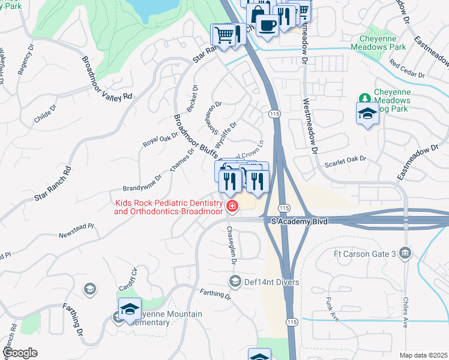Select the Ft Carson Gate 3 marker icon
(x=406, y=253)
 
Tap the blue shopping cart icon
(x=223, y=35)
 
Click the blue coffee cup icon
(x=267, y=25)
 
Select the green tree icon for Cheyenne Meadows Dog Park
(x=364, y=98)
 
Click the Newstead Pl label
(x=76, y=231)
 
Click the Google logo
(x=20, y=353)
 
